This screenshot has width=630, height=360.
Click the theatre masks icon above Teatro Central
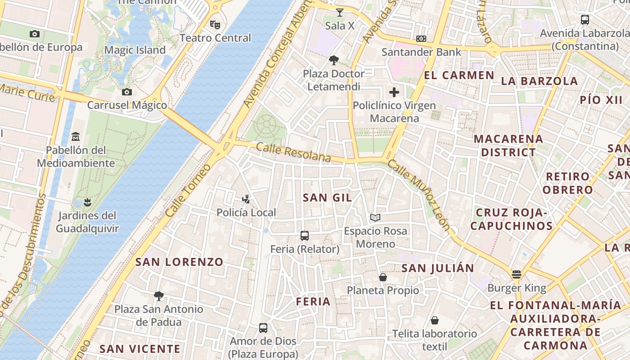click(215, 24)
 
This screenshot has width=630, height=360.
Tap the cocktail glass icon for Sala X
click(340, 12)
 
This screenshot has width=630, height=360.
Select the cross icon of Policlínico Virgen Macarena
click(394, 92)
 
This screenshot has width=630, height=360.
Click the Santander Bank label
click(421, 52)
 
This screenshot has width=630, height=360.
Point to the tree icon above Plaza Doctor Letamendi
click(334, 60)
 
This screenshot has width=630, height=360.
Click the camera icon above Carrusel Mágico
click(127, 92)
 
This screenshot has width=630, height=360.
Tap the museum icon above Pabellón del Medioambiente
click(76, 136)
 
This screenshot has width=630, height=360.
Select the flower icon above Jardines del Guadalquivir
click(87, 202)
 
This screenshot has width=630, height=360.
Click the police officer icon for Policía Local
click(246, 199)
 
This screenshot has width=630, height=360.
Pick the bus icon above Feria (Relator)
click(305, 235)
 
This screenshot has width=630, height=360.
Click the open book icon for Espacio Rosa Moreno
click(375, 218)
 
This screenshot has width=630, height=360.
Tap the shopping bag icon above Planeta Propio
click(383, 277)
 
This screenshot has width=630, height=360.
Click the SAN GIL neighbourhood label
click(327, 198)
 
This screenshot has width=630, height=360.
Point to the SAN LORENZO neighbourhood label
click(180, 262)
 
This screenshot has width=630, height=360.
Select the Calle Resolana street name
click(293, 153)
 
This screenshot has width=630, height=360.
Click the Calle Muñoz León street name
click(418, 195)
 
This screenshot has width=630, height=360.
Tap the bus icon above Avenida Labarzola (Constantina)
click(585, 20)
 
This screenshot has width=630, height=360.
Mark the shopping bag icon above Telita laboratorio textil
click(435, 320)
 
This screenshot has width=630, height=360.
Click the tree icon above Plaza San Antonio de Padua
click(158, 296)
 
